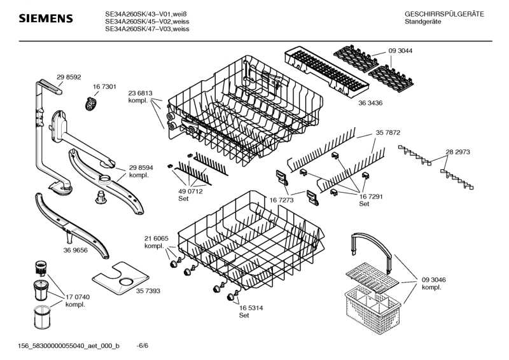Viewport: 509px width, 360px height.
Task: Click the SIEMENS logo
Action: (x=45, y=20)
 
